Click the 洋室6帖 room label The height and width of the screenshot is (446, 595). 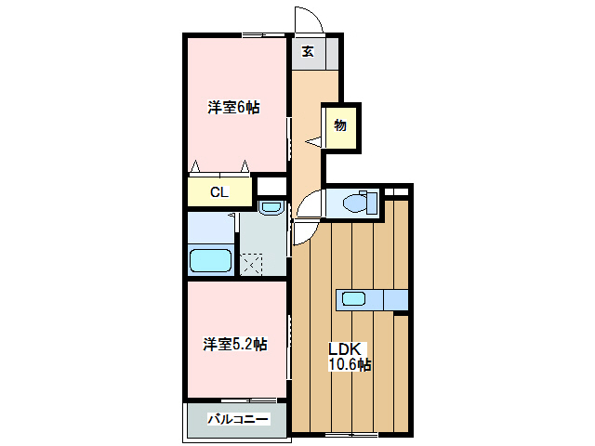233,108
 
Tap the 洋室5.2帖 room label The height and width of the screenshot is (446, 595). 235,345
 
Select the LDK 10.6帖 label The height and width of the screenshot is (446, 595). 349,357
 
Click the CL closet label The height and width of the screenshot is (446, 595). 218,193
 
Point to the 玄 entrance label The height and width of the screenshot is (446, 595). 307,51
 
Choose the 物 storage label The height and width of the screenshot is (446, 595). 340,125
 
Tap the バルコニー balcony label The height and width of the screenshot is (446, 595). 238,419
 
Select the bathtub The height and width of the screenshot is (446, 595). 210,260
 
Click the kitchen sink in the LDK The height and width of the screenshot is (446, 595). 354,299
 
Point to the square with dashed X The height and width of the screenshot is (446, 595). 251,264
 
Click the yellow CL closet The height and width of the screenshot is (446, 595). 220,192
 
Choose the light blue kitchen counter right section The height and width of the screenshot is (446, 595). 394,299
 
